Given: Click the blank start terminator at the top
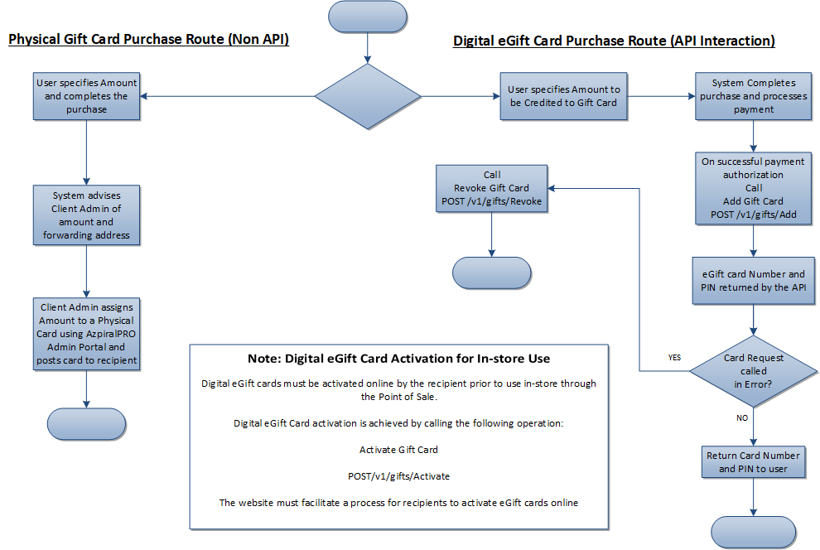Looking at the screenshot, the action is [x=368, y=17].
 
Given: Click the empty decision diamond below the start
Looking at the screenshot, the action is [x=368, y=96].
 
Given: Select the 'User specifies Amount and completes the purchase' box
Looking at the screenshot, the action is [x=86, y=96].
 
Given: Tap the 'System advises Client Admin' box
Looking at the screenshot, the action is [x=86, y=215].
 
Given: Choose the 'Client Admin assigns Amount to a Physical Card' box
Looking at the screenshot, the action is [x=86, y=334].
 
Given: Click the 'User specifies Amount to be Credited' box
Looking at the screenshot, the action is [x=563, y=96].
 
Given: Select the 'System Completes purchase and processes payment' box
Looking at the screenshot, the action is [x=753, y=96].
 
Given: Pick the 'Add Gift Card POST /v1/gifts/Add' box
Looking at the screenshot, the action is [x=753, y=188].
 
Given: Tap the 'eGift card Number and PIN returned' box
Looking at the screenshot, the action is [x=753, y=281].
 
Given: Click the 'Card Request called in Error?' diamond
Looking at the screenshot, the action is [x=753, y=371].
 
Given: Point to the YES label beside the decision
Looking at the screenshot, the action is [x=674, y=358].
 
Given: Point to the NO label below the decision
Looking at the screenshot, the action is [x=742, y=417].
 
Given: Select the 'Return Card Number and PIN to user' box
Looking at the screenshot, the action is [x=753, y=462].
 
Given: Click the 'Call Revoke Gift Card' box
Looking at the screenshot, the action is [x=491, y=188].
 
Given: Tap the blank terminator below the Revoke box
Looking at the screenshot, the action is [x=491, y=273].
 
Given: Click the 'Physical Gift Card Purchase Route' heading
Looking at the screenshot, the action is [x=148, y=39].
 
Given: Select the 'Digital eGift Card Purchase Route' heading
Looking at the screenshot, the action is [x=614, y=41].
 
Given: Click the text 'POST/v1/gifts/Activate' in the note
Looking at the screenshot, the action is [x=399, y=476].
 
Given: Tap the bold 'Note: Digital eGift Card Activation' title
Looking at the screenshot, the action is [x=399, y=359].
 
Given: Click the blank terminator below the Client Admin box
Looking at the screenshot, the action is [x=86, y=424].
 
